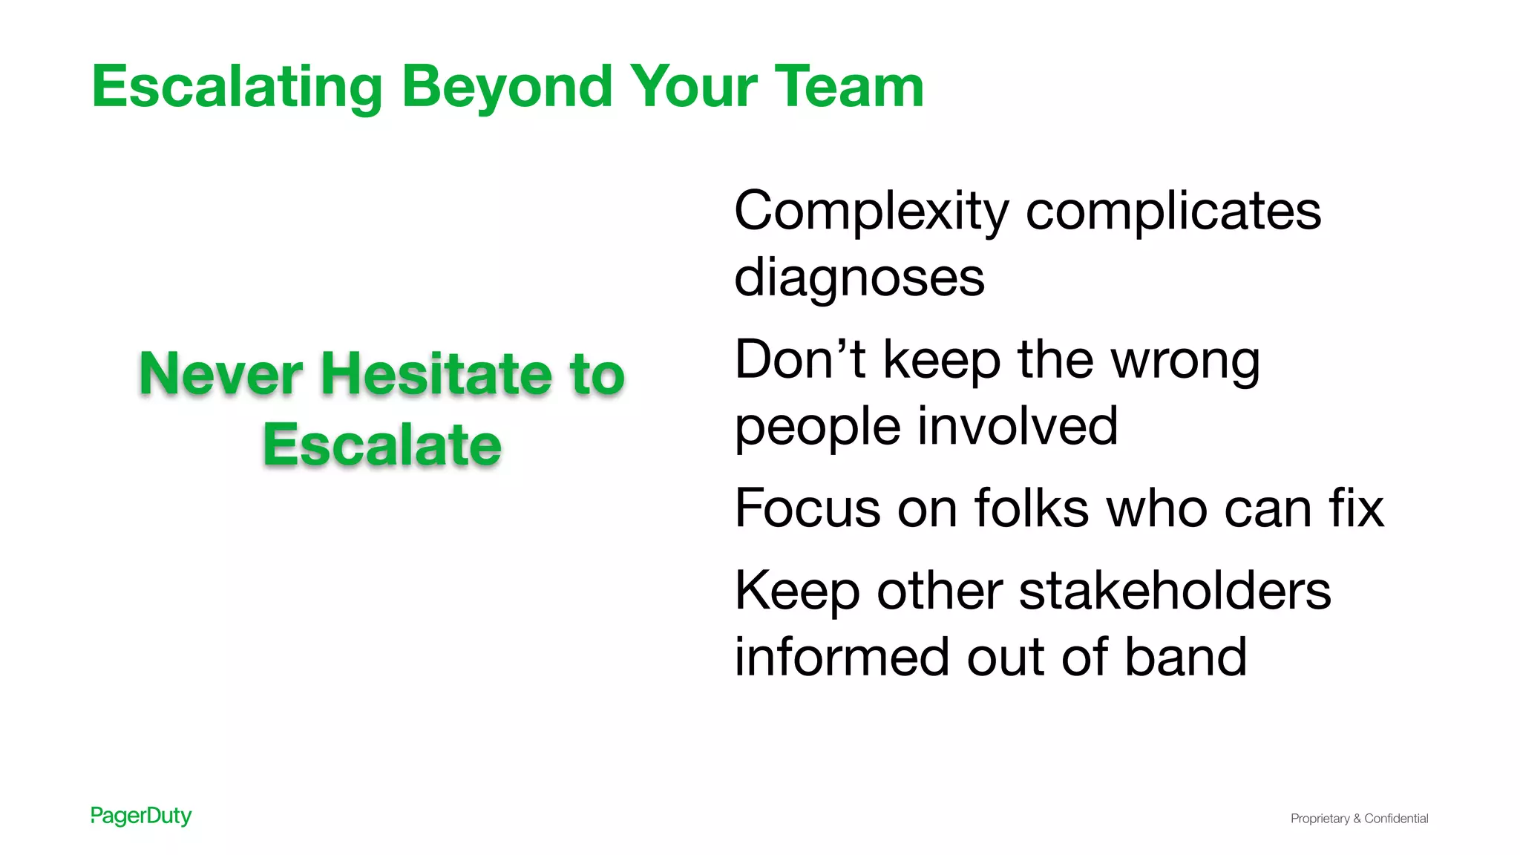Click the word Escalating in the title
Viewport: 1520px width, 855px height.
tap(237, 88)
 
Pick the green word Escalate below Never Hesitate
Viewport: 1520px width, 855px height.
tap(382, 445)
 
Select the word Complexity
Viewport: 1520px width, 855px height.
tap(871, 212)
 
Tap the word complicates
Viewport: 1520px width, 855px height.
tap(1173, 212)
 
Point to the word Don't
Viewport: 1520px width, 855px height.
tap(800, 359)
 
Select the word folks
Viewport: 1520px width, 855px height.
tap(1032, 508)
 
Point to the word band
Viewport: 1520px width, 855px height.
tap(1185, 657)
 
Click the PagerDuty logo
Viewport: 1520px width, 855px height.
tap(141, 816)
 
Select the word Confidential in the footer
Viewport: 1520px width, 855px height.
tap(1396, 819)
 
